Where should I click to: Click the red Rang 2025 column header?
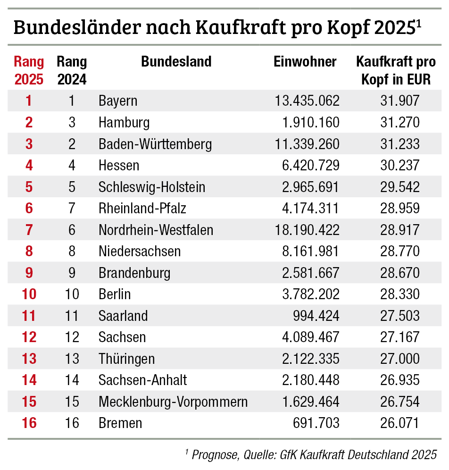tap(29, 70)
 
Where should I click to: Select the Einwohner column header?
tap(305, 62)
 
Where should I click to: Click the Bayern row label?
tap(118, 101)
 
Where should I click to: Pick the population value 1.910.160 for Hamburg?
tap(311, 123)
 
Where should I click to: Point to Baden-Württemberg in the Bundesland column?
tap(155, 144)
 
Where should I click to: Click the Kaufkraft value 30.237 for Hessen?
tap(399, 166)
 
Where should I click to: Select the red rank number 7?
tap(29, 230)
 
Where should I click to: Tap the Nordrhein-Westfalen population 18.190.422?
tap(307, 230)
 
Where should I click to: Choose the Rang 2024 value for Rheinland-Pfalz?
tap(72, 209)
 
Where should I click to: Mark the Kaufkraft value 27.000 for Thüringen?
tap(399, 359)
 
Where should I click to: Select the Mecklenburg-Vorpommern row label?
tap(173, 402)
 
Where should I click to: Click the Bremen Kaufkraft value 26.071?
tap(399, 423)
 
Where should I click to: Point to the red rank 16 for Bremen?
tap(29, 423)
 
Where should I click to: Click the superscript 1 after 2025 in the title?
tap(418, 23)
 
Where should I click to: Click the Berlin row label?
tap(115, 294)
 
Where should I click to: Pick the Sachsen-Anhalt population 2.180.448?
tap(311, 380)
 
